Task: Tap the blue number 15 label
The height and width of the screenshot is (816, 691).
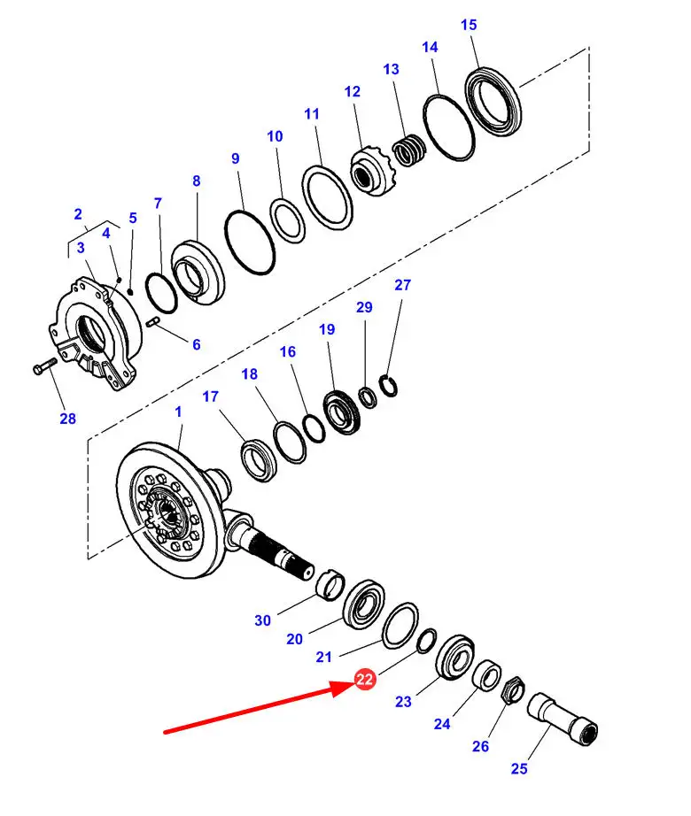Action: coord(469,25)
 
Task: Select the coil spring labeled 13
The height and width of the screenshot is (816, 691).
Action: coord(408,151)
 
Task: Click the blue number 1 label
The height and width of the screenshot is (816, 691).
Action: coord(178,412)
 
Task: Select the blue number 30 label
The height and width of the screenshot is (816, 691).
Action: coord(263,620)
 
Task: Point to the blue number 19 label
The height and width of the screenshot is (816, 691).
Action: coord(327,329)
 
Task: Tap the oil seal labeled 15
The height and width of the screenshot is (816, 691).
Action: coord(493,100)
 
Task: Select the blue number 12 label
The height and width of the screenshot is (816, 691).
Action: coord(353,91)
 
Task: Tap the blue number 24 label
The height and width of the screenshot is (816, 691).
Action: coord(442,724)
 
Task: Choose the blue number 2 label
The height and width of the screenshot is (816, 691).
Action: coord(78,214)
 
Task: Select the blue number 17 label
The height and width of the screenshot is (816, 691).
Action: coord(210,396)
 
